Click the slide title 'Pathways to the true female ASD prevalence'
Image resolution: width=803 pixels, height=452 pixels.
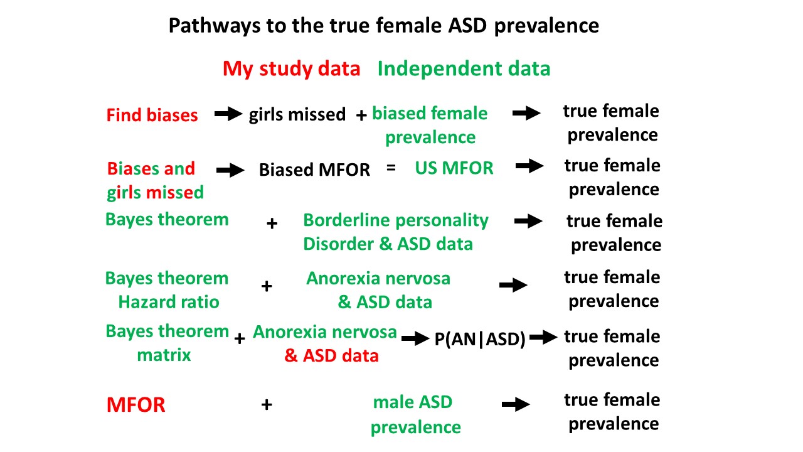click(383, 26)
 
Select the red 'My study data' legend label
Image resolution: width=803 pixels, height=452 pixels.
click(291, 68)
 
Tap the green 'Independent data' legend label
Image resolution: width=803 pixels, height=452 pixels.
click(464, 68)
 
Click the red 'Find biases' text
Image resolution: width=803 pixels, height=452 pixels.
click(152, 115)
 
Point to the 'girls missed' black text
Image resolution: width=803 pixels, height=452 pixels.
click(297, 114)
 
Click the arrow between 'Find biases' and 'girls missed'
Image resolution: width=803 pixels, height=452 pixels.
click(228, 114)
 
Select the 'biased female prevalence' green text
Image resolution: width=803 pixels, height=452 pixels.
click(430, 125)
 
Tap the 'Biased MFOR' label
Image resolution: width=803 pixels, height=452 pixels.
click(314, 169)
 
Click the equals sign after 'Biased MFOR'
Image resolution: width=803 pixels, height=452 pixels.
click(391, 168)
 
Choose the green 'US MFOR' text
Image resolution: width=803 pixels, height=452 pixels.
click(454, 168)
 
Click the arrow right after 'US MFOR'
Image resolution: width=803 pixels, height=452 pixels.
click(529, 166)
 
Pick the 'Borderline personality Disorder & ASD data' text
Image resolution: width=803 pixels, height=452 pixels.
click(395, 232)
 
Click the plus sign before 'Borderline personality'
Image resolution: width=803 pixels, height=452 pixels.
click(272, 223)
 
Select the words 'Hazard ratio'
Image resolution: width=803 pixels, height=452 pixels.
click(169, 302)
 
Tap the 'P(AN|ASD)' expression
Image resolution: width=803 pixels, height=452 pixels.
click(480, 340)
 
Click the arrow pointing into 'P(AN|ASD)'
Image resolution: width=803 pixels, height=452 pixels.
click(415, 338)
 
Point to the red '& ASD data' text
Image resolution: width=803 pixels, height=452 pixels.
click(331, 356)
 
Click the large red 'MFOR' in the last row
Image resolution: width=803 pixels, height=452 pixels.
click(136, 405)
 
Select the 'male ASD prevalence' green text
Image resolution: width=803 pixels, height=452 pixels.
click(415, 414)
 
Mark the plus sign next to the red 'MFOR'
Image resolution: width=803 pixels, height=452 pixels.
click(267, 405)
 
